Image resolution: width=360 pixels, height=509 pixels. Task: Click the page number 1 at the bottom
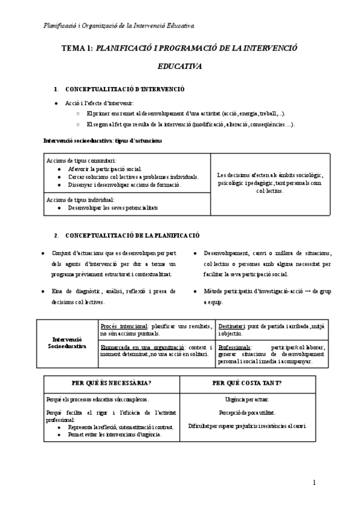click(x=314, y=483)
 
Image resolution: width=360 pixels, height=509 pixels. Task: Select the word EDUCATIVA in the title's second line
click(x=179, y=67)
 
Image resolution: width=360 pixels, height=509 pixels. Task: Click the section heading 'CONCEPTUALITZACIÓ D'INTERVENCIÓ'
click(x=125, y=89)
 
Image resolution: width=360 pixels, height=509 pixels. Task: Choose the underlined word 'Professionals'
click(x=236, y=347)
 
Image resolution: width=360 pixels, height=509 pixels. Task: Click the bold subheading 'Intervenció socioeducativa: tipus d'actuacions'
click(x=103, y=140)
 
